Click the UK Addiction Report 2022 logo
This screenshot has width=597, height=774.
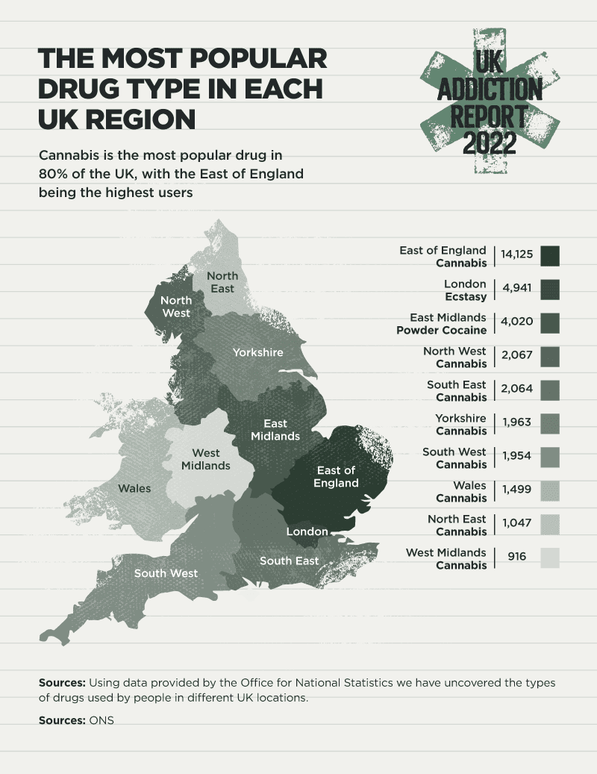489,102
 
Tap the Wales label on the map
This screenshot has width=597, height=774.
134,489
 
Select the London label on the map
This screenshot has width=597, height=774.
307,531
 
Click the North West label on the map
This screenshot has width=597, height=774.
176,307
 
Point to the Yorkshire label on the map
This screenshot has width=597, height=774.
257,352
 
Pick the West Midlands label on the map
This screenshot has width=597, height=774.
206,459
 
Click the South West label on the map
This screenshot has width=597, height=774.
166,573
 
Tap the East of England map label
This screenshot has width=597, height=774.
336,476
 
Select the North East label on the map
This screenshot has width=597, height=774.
222,283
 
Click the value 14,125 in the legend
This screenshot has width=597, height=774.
516,255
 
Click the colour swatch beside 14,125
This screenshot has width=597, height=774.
550,255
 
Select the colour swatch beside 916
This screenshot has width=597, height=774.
550,558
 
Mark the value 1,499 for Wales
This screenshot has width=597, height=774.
516,490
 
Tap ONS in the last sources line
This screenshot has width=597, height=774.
101,720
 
